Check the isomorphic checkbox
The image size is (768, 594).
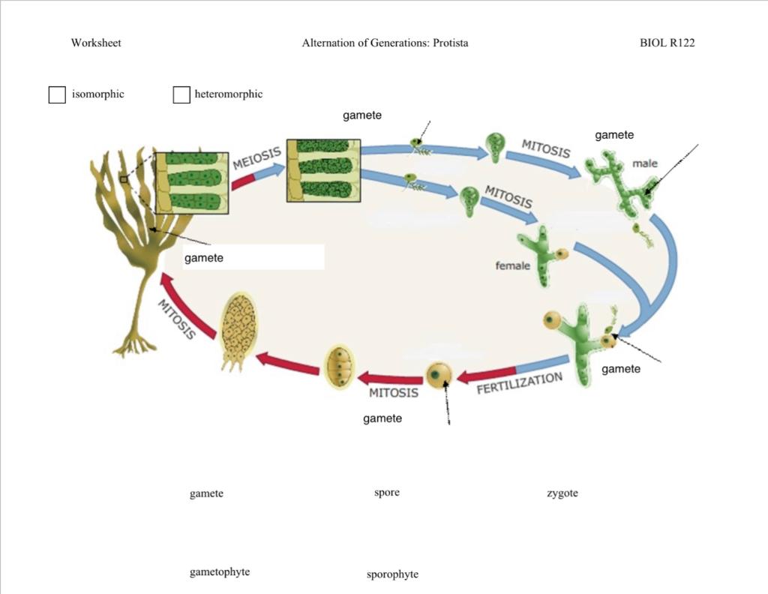coord(57,95)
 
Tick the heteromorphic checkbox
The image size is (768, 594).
coord(181,95)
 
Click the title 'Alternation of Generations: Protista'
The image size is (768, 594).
coord(385,43)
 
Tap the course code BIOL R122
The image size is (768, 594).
coord(667,43)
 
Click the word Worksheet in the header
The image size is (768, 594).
coord(96,43)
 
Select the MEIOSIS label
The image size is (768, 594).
coord(256,158)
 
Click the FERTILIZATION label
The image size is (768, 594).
coord(519,383)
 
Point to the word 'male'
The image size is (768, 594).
coord(644,163)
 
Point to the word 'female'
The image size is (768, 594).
coord(512,265)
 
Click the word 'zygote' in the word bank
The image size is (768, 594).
coord(562,493)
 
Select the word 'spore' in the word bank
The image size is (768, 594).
coord(386,493)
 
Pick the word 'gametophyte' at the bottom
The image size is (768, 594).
coord(219,572)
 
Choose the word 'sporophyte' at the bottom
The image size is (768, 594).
coord(392,574)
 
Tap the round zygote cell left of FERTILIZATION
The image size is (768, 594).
coord(438,373)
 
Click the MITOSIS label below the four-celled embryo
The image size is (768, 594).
coord(393,392)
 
